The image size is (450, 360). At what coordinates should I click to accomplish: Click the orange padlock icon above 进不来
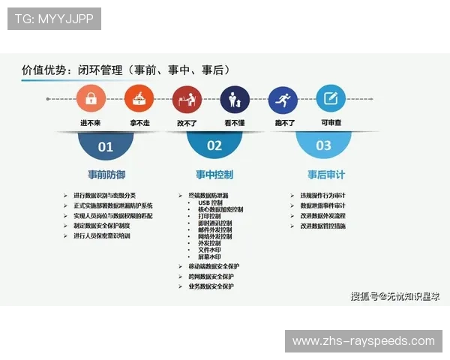click(91, 98)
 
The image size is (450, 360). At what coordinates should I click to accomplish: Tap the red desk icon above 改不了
click(187, 98)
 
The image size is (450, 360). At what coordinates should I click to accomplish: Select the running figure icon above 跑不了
click(283, 98)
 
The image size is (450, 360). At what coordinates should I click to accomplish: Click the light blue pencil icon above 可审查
click(330, 98)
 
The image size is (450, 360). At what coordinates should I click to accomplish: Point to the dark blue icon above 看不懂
click(235, 98)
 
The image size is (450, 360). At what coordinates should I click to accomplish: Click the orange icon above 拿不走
click(139, 98)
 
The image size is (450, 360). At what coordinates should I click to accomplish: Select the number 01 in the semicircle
click(106, 146)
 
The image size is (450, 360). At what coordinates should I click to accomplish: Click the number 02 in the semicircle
click(214, 145)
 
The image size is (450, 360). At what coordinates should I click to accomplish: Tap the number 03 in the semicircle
click(323, 145)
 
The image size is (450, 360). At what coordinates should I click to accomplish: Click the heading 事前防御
click(106, 175)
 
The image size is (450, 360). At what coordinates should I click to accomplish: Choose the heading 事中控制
click(214, 175)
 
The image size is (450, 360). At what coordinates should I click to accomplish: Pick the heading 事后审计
click(323, 175)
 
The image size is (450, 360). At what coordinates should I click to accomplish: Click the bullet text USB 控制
click(210, 202)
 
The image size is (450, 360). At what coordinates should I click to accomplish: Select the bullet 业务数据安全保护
click(211, 286)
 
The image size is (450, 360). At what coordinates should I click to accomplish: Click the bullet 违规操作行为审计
click(322, 196)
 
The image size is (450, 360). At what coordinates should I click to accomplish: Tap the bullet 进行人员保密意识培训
click(102, 235)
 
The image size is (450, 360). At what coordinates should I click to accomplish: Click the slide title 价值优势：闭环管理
click(124, 70)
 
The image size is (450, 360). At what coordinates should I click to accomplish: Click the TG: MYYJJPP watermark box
click(54, 19)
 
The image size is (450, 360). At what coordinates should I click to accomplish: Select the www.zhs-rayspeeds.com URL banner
click(363, 341)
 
